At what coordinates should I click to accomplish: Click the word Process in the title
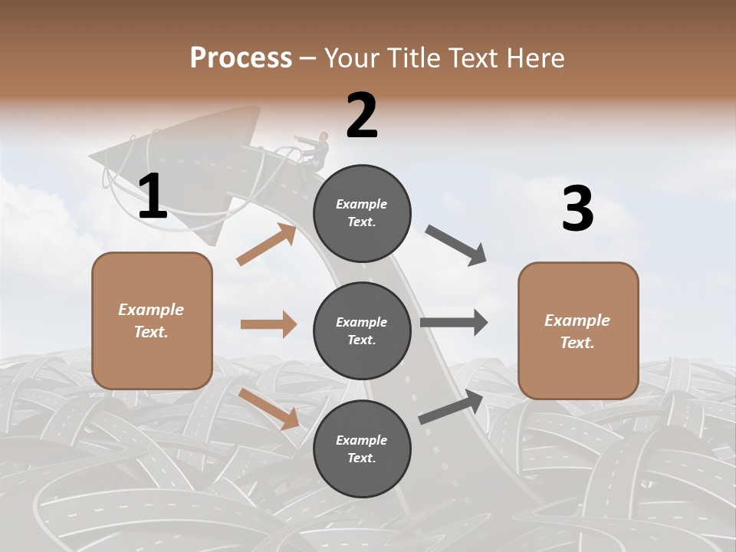(x=241, y=58)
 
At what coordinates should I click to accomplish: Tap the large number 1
(x=153, y=197)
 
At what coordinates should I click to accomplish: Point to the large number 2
(x=362, y=116)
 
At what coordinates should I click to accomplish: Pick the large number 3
(x=577, y=209)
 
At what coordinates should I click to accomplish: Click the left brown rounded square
(x=152, y=320)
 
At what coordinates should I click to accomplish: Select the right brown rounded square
(x=578, y=330)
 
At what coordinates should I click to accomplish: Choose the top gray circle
(x=362, y=213)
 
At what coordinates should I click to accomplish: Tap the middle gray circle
(x=362, y=330)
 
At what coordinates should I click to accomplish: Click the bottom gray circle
(x=362, y=449)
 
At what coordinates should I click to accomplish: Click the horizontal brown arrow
(x=268, y=324)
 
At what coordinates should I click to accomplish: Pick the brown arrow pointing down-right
(x=269, y=408)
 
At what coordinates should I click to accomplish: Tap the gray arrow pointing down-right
(x=456, y=245)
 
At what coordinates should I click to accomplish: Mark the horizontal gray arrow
(x=454, y=323)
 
